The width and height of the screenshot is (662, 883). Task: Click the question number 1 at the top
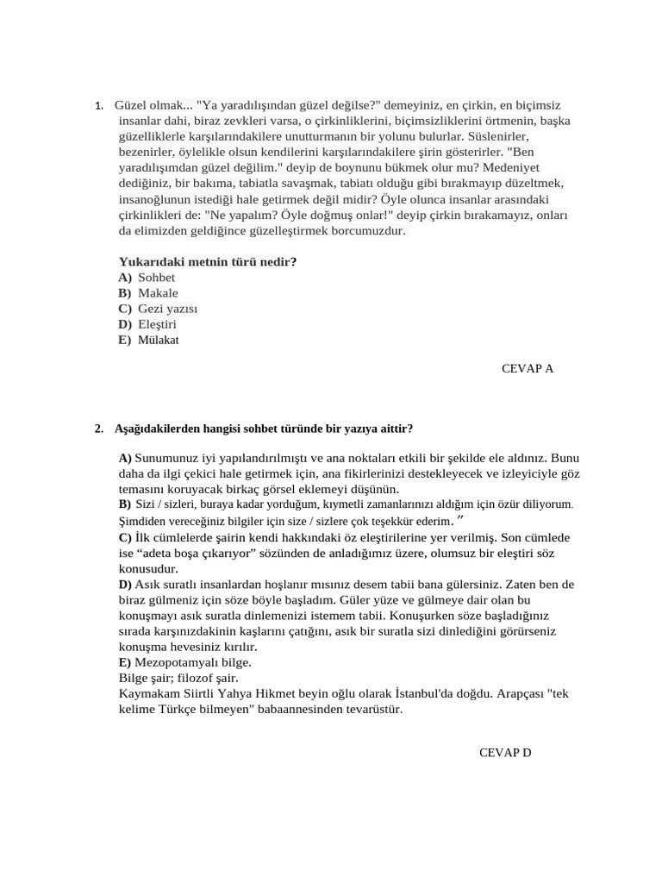point(99,105)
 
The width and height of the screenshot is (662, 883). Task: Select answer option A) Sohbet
point(147,277)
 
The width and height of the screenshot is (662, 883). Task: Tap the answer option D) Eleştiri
point(147,324)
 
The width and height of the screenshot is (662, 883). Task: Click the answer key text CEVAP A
point(527,368)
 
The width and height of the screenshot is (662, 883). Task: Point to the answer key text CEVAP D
point(505,753)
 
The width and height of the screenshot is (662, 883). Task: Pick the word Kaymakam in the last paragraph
point(147,694)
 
